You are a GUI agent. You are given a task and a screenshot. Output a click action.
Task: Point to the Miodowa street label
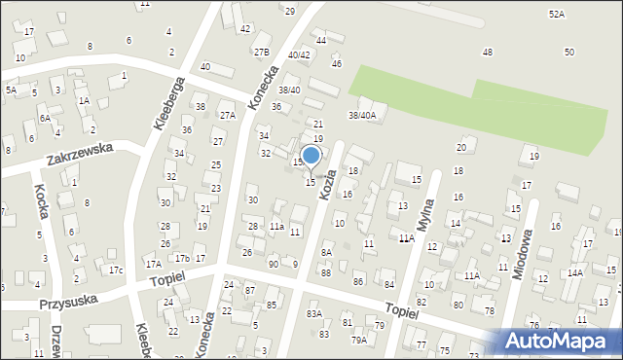click(526, 255)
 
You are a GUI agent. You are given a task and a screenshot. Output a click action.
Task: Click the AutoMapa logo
click(563, 341)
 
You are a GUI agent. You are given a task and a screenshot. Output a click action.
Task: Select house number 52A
click(556, 15)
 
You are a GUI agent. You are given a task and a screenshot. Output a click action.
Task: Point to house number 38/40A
click(362, 115)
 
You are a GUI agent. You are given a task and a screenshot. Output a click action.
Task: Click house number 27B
click(261, 52)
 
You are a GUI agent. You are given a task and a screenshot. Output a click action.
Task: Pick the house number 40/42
click(299, 55)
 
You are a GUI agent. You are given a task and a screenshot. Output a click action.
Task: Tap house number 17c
click(116, 270)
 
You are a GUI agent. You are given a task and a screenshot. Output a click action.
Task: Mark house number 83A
click(313, 314)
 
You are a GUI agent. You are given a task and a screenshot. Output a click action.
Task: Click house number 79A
click(359, 340)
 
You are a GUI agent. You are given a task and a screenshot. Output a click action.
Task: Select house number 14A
click(575, 273)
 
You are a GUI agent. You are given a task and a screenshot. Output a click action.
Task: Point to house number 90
click(274, 264)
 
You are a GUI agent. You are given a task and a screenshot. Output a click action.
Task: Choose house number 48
click(487, 52)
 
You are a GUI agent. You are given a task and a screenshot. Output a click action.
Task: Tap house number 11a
click(276, 227)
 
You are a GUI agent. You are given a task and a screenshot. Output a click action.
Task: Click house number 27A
click(228, 115)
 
